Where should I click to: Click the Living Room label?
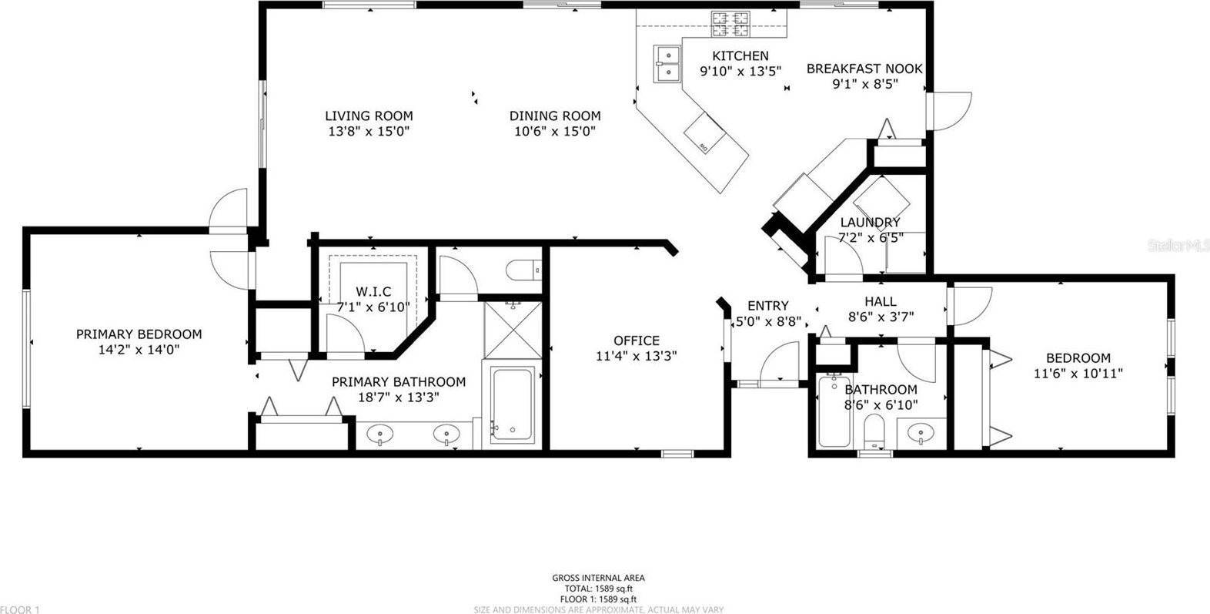pyautogui.click(x=368, y=116)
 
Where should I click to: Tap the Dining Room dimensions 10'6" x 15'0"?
pyautogui.click(x=555, y=131)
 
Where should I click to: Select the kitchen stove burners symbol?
pyautogui.click(x=730, y=25)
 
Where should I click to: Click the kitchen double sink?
pyautogui.click(x=668, y=63)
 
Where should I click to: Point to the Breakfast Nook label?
pyautogui.click(x=864, y=69)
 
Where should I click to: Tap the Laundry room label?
pyautogui.click(x=870, y=223)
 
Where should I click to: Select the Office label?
pyautogui.click(x=636, y=341)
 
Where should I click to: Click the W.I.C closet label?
pyautogui.click(x=373, y=291)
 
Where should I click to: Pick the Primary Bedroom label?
pyautogui.click(x=139, y=334)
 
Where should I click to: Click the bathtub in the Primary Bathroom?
pyautogui.click(x=512, y=404)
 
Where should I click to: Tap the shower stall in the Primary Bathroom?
pyautogui.click(x=512, y=329)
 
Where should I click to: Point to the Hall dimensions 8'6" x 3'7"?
pyautogui.click(x=880, y=315)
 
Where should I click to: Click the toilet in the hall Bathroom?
pyautogui.click(x=874, y=431)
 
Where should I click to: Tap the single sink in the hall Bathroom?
pyautogui.click(x=918, y=433)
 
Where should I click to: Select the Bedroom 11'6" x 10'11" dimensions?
pyautogui.click(x=1077, y=374)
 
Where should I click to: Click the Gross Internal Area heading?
pyautogui.click(x=598, y=578)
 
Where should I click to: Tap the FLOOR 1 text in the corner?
pyautogui.click(x=20, y=609)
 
